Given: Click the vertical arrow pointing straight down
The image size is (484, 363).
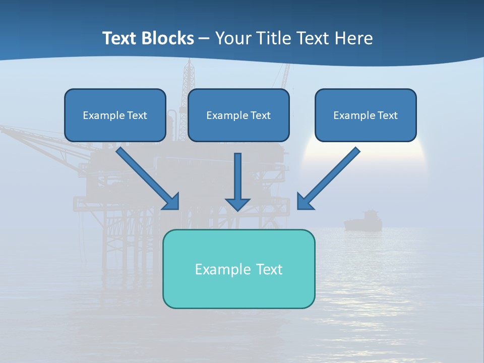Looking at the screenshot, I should click(237, 179).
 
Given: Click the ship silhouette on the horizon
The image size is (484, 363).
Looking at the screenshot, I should click(363, 221).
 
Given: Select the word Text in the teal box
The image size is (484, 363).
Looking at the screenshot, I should click(269, 269).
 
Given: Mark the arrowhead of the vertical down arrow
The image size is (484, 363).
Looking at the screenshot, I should click(237, 204).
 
